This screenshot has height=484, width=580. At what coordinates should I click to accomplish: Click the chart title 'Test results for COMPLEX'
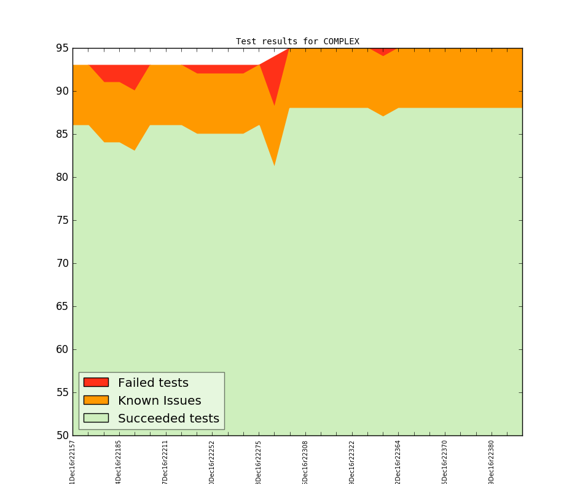point(297,42)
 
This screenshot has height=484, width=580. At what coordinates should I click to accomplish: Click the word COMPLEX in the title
point(341,42)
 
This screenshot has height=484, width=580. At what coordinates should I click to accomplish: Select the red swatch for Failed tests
point(96,383)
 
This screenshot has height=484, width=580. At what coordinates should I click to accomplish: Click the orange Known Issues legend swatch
point(96,400)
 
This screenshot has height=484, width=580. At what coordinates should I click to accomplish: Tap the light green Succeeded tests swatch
point(96,418)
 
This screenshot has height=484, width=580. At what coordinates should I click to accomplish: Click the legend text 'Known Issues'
point(159,401)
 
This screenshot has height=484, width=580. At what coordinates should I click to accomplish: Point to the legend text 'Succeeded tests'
point(168,419)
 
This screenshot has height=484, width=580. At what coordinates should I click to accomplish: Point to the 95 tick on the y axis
point(62,48)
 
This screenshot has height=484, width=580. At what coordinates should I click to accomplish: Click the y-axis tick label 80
point(62,177)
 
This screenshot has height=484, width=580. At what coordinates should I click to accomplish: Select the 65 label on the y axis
point(62,306)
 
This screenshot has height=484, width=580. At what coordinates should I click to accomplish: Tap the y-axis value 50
point(62,435)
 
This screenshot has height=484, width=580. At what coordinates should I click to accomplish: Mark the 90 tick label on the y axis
point(62,91)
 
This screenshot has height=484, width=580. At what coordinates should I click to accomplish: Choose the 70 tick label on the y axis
point(62,263)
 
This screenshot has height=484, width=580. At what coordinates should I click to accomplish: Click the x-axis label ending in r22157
point(72,461)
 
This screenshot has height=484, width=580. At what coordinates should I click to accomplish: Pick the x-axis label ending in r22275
point(259,461)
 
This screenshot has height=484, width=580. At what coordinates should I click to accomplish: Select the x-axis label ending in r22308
point(305,461)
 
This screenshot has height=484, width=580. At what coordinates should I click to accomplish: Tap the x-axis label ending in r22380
point(492,461)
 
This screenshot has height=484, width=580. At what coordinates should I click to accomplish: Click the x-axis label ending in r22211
point(166,461)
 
